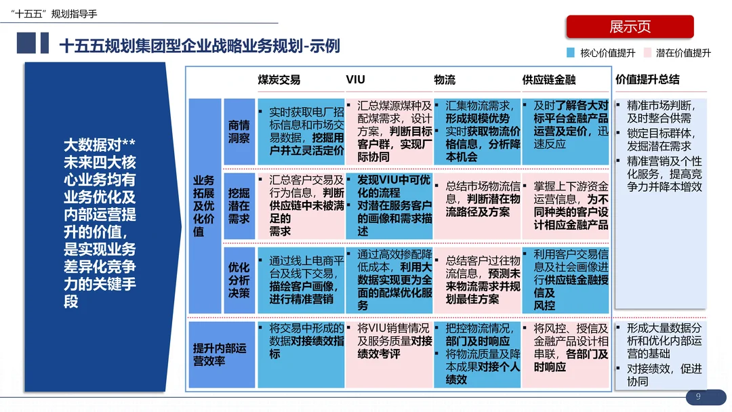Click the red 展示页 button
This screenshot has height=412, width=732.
click(630, 26)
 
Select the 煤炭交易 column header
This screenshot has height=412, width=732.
click(279, 80)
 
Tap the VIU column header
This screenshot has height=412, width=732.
click(355, 79)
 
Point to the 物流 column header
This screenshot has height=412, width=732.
click(445, 80)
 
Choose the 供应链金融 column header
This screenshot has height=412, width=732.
click(548, 80)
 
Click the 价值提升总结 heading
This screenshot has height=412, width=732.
click(647, 79)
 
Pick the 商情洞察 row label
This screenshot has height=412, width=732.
click(239, 131)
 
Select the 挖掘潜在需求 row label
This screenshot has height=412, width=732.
click(239, 206)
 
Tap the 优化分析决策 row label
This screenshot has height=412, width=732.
click(239, 280)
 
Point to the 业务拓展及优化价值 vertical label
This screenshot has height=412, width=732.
click(204, 206)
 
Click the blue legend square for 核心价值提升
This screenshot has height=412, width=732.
click(570, 53)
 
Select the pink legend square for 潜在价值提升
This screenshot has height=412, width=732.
click(647, 53)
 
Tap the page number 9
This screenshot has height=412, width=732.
click(698, 396)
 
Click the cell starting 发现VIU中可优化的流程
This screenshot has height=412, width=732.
click(389, 206)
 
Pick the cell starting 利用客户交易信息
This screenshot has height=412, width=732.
click(565, 280)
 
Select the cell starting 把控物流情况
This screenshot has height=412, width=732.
click(477, 354)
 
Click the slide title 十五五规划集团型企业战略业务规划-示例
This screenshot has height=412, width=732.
click(200, 46)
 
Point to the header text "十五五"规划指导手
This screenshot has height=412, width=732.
click(54, 14)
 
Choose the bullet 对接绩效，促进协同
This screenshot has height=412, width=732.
click(664, 375)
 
